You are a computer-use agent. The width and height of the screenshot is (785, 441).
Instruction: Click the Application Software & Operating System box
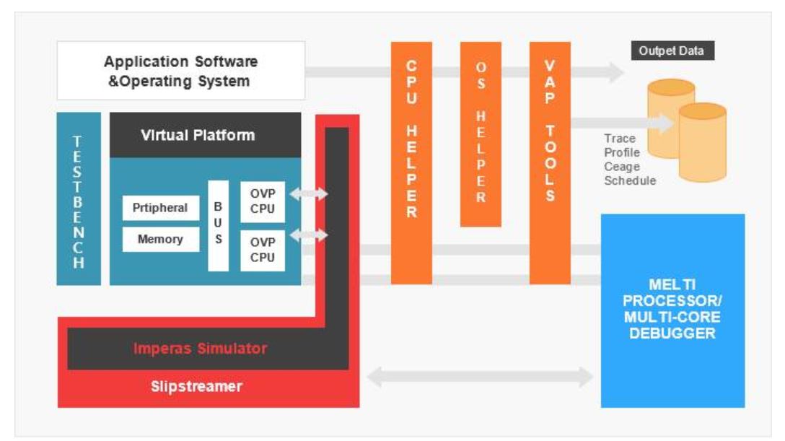[x=180, y=71]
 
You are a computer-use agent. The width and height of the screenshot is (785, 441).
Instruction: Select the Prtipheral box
[x=160, y=208]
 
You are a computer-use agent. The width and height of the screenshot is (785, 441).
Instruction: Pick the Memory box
[x=160, y=239]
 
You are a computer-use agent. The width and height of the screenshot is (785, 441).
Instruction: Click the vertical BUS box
[x=218, y=225]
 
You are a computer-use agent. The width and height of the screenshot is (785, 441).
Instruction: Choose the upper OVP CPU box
[x=263, y=201]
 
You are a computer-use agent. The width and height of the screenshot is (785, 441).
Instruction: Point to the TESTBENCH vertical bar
[x=79, y=198]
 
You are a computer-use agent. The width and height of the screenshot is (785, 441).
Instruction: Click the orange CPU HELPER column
[x=411, y=162]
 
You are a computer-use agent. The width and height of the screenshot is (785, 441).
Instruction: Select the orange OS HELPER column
[x=481, y=134]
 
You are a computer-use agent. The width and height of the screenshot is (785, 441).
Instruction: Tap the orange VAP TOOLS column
[x=550, y=162]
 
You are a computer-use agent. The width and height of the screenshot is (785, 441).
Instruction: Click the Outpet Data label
[x=672, y=51]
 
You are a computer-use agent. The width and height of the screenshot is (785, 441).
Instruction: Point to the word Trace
[x=619, y=139]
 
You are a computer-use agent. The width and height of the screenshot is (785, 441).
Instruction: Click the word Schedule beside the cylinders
[x=630, y=180]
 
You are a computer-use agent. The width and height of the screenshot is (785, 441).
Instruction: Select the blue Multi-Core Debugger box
[x=672, y=310]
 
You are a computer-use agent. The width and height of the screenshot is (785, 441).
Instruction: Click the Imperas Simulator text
[x=200, y=349]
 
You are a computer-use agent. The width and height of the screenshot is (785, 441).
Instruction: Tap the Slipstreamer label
[x=196, y=386]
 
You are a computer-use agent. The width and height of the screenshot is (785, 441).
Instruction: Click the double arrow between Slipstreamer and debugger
[x=480, y=376]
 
